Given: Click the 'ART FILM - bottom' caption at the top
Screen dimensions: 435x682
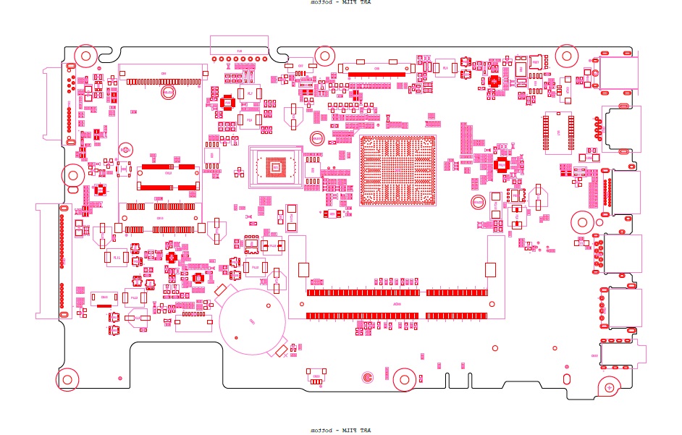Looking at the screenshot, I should coord(340,3).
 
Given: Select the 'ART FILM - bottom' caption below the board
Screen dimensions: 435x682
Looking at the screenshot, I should coord(340,431).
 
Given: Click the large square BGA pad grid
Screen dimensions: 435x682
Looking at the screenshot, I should coord(398,171).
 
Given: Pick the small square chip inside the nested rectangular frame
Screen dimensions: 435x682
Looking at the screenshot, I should coord(274,168).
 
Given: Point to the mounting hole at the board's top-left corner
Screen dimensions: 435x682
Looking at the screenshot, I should coord(86,56).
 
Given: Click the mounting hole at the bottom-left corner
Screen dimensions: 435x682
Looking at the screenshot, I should coord(67,379).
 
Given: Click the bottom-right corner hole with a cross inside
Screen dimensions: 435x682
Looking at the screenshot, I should coord(610,388).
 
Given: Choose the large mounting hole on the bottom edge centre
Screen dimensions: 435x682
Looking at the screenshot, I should coord(405,377).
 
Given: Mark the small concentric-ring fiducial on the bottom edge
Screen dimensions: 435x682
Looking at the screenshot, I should coord(368,377).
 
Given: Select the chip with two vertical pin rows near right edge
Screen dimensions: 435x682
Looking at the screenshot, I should coord(558,133).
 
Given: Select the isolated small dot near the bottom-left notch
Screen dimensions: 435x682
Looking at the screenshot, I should coord(119,378).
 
